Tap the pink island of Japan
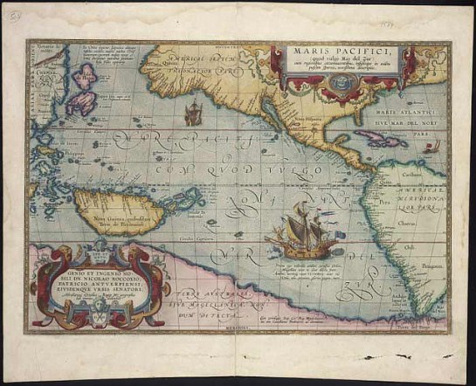[x=86, y=91]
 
